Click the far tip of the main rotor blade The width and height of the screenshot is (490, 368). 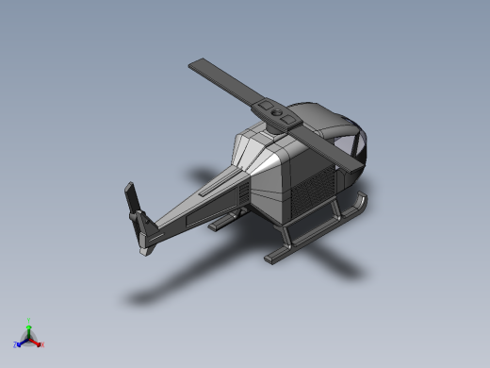[x=197, y=66]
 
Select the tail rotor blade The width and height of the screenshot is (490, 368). [x=132, y=199]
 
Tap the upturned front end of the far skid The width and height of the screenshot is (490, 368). [x=363, y=201]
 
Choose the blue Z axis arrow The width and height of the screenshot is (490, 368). [x=21, y=343]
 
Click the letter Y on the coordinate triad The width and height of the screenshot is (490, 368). [x=28, y=320]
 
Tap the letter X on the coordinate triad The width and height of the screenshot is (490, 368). [x=41, y=345]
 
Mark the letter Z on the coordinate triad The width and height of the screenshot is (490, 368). [x=15, y=345]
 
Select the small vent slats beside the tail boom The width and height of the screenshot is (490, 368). [x=244, y=193]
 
